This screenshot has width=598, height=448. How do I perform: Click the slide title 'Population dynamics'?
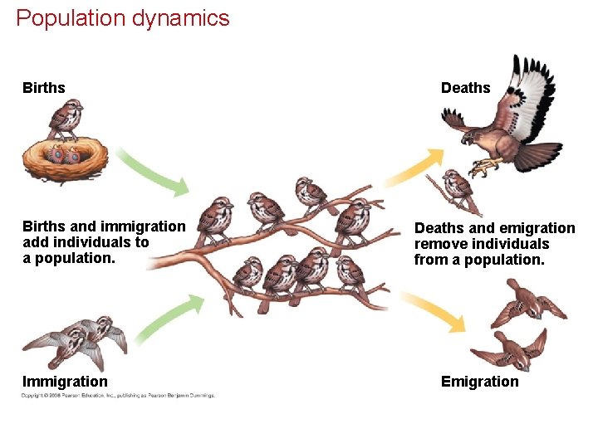122,18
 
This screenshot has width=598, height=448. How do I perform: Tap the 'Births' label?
44,88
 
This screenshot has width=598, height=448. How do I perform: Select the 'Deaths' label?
465,88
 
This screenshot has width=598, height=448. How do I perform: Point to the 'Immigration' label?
65,382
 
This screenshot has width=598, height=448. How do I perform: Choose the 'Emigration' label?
479,382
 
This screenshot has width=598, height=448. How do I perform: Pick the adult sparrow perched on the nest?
65,118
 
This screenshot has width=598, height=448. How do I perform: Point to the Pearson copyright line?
118,396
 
